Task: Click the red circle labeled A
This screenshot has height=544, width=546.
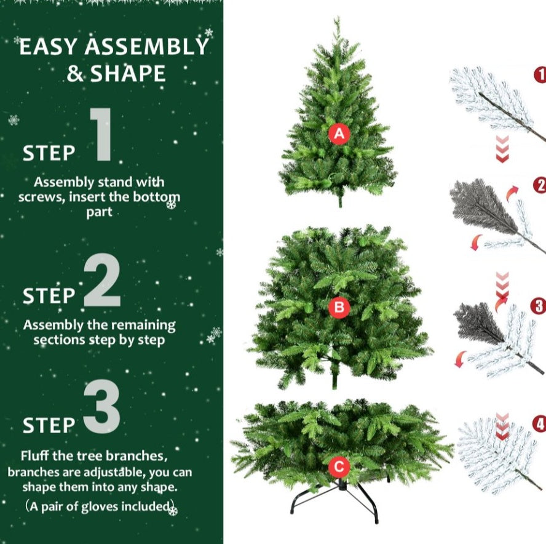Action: [339, 134]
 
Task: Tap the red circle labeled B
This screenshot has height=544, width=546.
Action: [339, 307]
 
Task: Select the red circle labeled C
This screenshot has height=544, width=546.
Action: [338, 467]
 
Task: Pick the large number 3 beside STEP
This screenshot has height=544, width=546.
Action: [101, 408]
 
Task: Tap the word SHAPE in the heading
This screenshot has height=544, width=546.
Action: [128, 74]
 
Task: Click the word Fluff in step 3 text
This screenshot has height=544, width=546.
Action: [36, 457]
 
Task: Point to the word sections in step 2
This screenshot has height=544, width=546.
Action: [61, 340]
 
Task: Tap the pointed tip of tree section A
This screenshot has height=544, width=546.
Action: [336, 21]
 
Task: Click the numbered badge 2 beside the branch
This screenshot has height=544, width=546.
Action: [540, 185]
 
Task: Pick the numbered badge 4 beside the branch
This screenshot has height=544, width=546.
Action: [539, 423]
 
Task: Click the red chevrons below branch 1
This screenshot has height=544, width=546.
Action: [502, 150]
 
